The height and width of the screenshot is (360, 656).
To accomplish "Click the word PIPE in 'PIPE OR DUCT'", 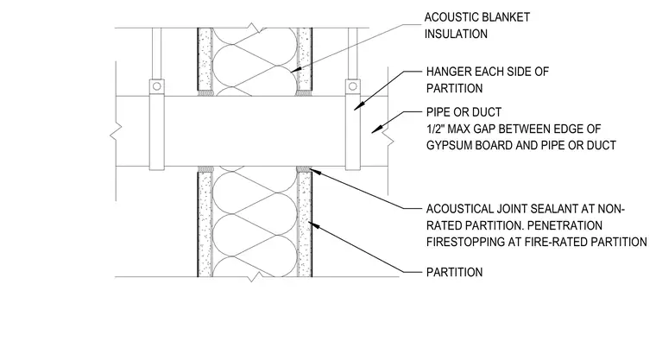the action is click(438, 112).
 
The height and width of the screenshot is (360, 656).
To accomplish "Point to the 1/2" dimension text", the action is click(435, 129).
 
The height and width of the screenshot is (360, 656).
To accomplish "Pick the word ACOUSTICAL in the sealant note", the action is click(460, 209).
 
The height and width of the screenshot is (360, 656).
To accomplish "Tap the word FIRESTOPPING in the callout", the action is click(464, 242).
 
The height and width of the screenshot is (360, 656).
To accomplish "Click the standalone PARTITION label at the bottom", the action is click(454, 273).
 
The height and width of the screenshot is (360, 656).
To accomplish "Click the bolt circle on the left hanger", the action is click(156, 86).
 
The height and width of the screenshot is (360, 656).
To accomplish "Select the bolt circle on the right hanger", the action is click(353, 86).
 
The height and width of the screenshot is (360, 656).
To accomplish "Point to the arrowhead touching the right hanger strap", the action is click(356, 107).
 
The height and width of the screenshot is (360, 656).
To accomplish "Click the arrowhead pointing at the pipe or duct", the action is click(375, 130).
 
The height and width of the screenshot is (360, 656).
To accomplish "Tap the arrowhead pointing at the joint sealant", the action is click(313, 171).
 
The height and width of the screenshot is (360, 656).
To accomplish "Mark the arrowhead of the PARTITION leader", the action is click(312, 225).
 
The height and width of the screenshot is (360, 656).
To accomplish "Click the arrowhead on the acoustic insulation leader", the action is click(295, 70).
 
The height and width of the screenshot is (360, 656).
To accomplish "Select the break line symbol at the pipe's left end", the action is click(116, 130).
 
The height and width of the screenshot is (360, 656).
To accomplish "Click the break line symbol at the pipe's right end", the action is click(388, 138).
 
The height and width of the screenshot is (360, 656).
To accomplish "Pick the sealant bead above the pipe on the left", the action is click(205, 93).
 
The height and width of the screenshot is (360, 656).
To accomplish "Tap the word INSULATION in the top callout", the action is click(456, 34).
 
